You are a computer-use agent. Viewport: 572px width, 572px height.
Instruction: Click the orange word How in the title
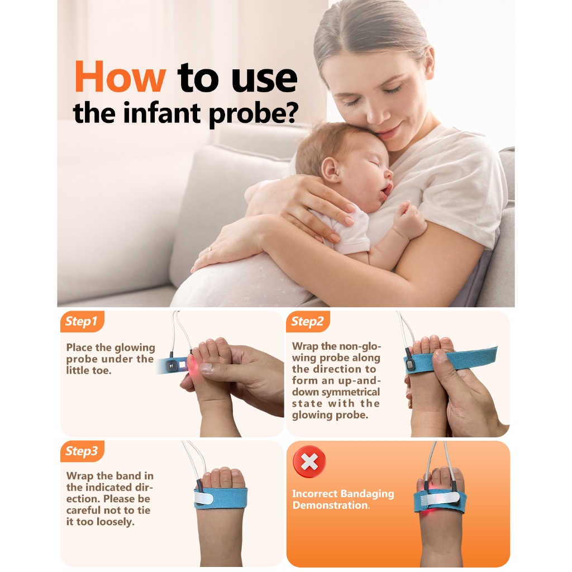tap(120, 77)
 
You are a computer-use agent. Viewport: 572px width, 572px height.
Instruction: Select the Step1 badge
tap(82, 321)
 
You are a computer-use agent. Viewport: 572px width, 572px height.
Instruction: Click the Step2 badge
tap(308, 321)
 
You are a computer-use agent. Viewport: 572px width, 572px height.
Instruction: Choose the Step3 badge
tap(82, 451)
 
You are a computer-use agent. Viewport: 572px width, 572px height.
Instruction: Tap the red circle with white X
tap(309, 462)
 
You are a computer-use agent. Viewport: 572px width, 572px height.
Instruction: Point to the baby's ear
tap(331, 170)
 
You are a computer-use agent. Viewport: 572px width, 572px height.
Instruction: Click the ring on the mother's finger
tap(210, 250)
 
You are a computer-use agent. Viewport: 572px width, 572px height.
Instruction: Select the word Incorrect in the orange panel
tap(315, 494)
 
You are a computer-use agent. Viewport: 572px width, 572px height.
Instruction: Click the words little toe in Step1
tap(87, 371)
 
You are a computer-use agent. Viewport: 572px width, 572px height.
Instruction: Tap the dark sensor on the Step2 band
tap(411, 365)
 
